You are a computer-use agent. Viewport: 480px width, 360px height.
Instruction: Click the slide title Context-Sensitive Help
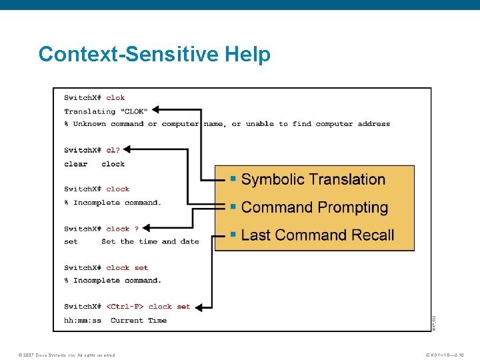155,54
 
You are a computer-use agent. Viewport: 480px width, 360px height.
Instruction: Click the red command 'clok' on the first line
115,98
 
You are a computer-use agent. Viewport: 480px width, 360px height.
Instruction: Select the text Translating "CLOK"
106,111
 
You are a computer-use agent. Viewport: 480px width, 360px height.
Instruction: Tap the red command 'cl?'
113,150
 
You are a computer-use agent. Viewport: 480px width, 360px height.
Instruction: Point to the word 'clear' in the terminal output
76,164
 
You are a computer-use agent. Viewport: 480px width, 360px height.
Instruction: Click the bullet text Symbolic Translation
313,179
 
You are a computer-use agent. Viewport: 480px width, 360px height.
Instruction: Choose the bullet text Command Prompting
314,207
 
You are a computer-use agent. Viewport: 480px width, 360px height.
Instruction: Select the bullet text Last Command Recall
317,235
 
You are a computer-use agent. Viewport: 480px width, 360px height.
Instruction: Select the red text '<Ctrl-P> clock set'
148,307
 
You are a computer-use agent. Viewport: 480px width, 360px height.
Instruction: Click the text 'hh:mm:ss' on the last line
83,321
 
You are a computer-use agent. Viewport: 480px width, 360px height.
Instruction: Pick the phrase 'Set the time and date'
150,242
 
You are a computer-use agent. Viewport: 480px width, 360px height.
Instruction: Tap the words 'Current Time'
139,321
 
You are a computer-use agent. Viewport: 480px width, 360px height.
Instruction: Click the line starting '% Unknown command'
227,124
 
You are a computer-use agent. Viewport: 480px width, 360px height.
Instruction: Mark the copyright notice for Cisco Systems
67,355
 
